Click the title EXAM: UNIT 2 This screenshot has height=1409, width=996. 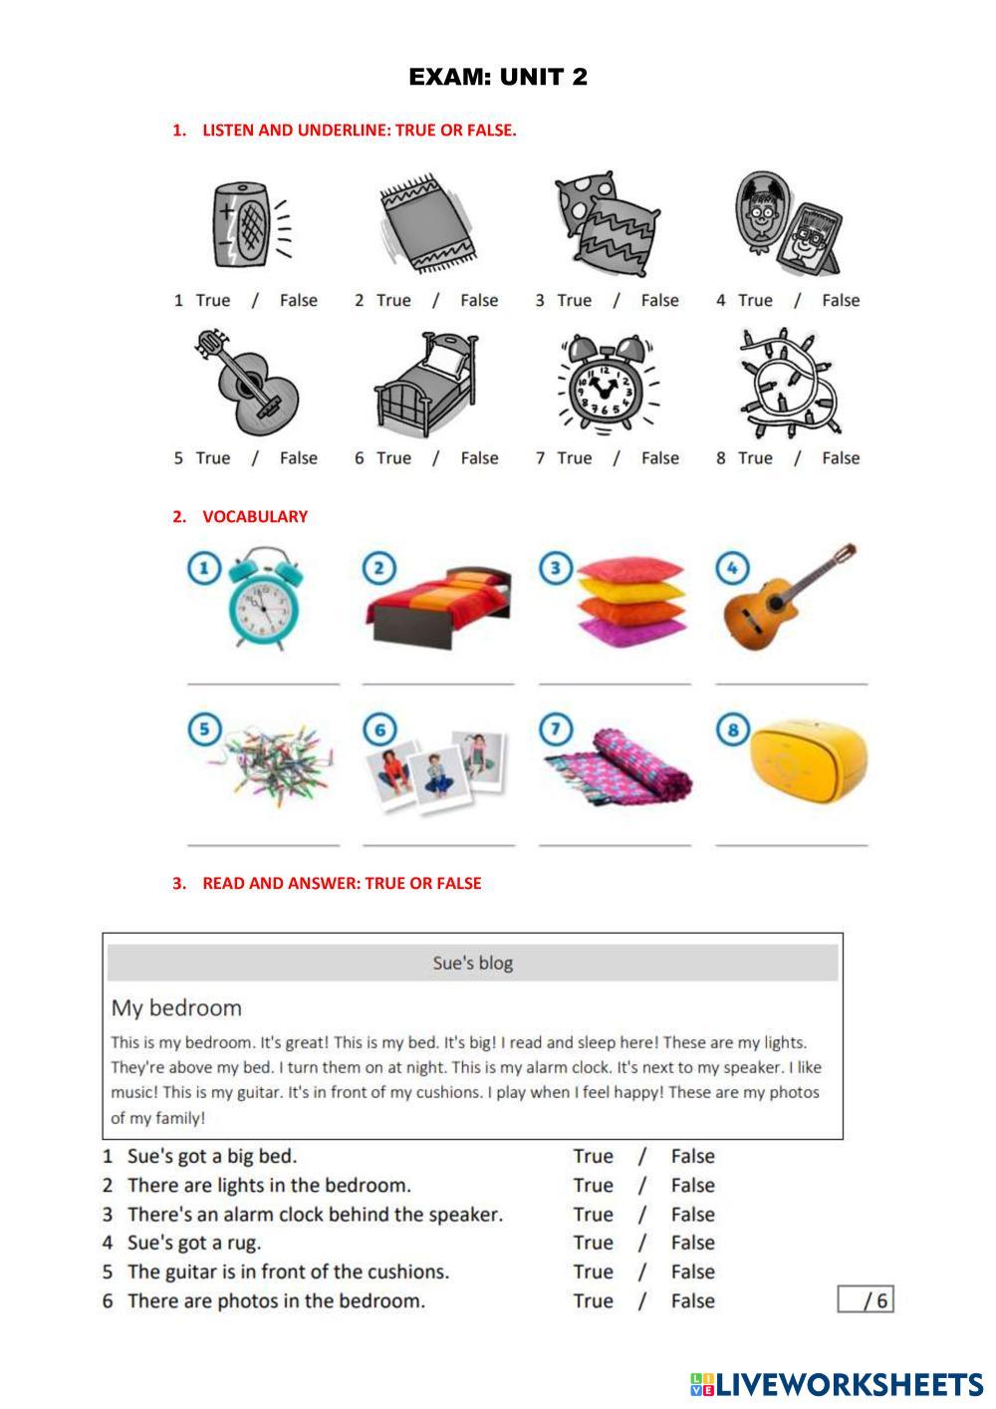click(498, 77)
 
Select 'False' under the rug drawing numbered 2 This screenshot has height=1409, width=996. click(479, 300)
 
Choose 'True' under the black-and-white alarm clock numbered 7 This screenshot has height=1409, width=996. click(574, 457)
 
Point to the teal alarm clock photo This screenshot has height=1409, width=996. click(263, 598)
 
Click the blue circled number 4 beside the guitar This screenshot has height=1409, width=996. click(732, 568)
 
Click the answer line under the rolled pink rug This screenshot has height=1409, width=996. click(615, 844)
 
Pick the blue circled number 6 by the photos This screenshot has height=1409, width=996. click(379, 730)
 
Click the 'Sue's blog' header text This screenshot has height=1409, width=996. click(473, 963)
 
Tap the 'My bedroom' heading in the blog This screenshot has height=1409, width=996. click(176, 1007)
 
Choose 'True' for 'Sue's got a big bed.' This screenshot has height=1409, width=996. click(593, 1156)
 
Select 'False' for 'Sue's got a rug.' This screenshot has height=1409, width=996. click(692, 1243)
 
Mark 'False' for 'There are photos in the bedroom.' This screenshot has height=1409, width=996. click(692, 1300)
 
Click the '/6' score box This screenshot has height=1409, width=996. click(866, 1299)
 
